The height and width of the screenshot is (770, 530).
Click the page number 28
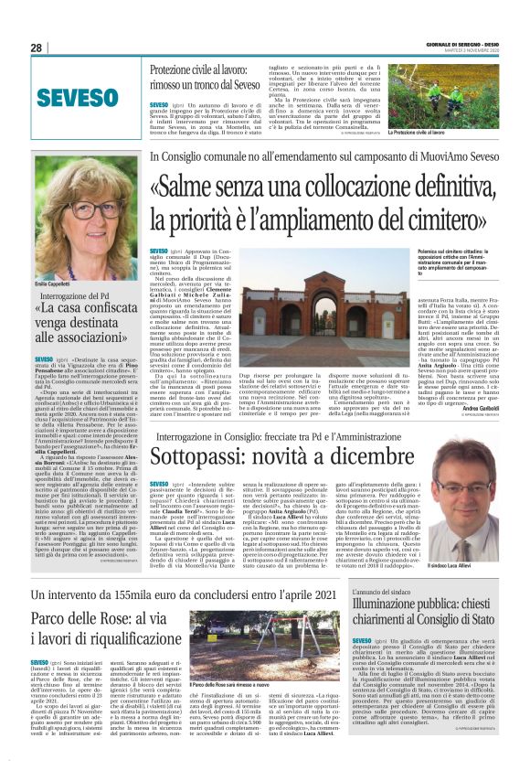click(37, 48)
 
